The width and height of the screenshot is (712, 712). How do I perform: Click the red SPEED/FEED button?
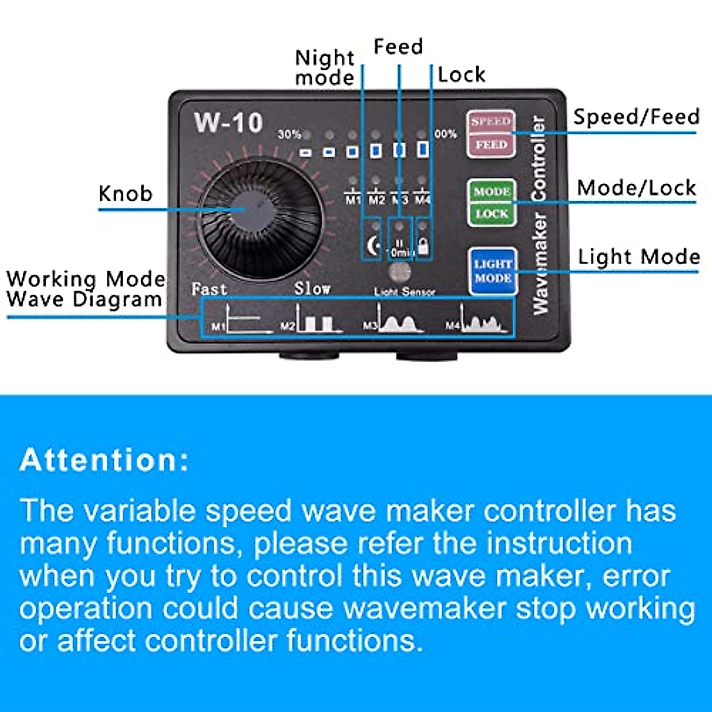491,134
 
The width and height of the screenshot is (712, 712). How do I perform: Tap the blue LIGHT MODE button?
492,271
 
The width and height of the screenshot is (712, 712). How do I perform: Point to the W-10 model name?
228,123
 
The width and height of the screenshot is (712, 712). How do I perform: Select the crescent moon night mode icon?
373,245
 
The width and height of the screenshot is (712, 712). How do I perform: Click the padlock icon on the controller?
423,246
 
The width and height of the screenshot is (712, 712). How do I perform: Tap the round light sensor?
401,274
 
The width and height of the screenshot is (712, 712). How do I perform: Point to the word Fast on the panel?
209,290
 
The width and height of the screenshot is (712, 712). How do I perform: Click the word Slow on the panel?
312,289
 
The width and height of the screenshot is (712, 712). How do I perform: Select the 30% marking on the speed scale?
289,135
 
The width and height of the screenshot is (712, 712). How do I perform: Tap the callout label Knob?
125,194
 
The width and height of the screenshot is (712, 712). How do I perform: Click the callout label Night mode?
325,68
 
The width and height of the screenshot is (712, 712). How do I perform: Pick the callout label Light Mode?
638,257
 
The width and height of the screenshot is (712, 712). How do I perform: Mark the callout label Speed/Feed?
636,117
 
